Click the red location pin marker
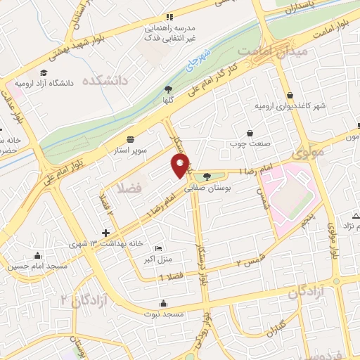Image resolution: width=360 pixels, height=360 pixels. pos(180,165)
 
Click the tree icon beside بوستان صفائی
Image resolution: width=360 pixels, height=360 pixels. pos(206,176)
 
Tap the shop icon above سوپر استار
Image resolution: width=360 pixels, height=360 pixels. pos(131,139)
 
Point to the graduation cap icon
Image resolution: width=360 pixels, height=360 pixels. pos(44,73)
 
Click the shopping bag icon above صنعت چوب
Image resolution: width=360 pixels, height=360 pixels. pos(250,133)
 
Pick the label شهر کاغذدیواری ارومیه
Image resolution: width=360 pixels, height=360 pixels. pos(289,105)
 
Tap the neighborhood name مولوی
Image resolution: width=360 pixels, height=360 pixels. pos(307,151)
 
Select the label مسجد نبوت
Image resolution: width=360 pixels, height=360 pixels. pos(163,314)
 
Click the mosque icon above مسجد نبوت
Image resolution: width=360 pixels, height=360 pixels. pos(163,304)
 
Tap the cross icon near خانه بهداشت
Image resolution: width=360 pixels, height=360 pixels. pos(105,233)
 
